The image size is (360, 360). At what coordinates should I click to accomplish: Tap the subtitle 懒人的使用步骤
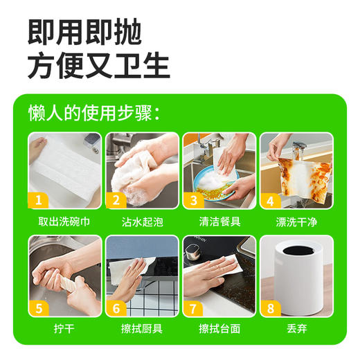pos(94,112)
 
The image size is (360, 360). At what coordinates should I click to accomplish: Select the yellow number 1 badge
pos(39,201)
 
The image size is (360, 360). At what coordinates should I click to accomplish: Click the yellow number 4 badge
pos(270,201)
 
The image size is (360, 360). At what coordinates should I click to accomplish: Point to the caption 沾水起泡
pos(141,222)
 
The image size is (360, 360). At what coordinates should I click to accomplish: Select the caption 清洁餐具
pos(219,222)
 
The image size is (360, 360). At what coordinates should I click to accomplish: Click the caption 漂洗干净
pos(296,222)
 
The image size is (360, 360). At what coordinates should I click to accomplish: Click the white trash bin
pos(296,277)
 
